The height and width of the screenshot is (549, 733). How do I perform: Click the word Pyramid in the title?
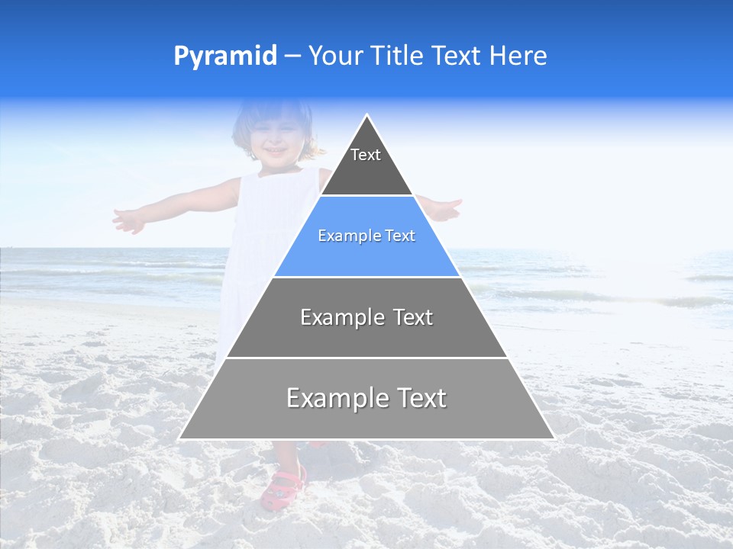pyautogui.click(x=224, y=56)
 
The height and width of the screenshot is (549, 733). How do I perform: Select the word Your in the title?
pyautogui.click(x=334, y=56)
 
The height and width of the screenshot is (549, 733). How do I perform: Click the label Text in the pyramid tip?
pyautogui.click(x=366, y=156)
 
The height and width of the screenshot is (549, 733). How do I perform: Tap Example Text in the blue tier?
pyautogui.click(x=366, y=236)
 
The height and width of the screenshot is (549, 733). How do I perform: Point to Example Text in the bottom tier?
pyautogui.click(x=366, y=398)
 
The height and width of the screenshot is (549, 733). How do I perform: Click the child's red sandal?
pyautogui.click(x=283, y=488)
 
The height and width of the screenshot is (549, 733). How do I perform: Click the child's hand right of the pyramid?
pyautogui.click(x=446, y=209)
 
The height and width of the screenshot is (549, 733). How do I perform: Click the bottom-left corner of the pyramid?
pyautogui.click(x=179, y=438)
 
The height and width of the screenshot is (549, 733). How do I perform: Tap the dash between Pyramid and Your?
pyautogui.click(x=292, y=56)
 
